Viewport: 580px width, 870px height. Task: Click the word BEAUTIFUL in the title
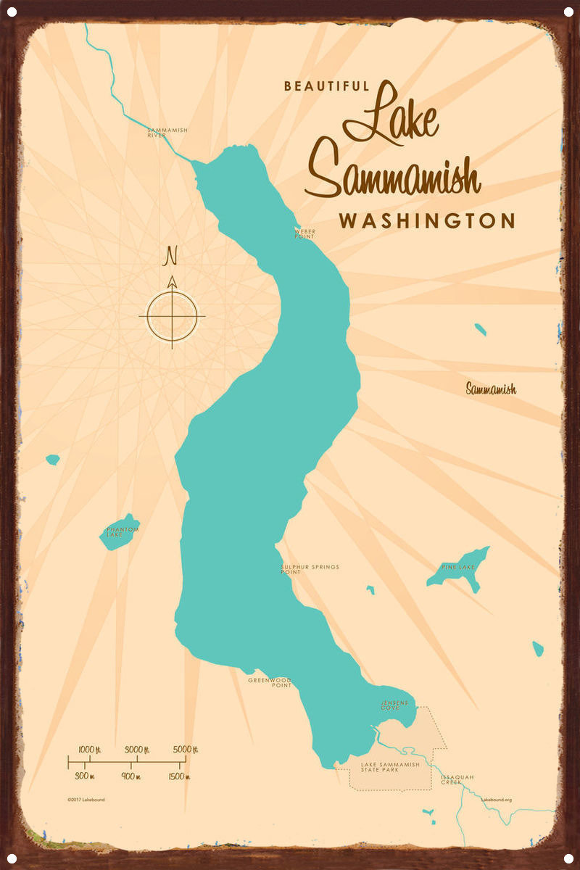326,86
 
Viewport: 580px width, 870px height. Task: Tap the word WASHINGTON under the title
427,220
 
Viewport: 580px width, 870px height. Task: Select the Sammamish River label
167,133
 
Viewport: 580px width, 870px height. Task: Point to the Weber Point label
304,234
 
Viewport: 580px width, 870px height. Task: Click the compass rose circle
173,316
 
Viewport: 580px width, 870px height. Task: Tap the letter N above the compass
172,256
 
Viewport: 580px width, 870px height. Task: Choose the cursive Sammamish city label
491,389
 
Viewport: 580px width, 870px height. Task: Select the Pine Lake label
457,566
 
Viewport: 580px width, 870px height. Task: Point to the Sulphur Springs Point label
310,569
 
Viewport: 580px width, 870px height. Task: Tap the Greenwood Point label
270,682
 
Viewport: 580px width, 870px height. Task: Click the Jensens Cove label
394,705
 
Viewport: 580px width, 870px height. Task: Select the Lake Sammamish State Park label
390,767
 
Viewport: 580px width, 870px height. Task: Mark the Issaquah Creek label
457,779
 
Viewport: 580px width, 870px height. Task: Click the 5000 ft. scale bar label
186,749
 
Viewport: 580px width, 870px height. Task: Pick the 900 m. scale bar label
131,776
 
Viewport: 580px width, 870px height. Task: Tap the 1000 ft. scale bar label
88,749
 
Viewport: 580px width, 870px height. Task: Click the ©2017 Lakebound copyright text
86,800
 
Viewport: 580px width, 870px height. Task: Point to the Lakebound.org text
497,800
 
